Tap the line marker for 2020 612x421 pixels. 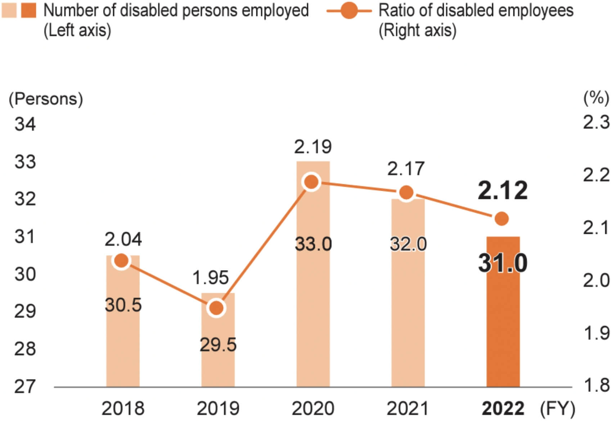pyautogui.click(x=312, y=182)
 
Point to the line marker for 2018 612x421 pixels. pyautogui.click(x=122, y=261)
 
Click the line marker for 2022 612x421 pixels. pyautogui.click(x=501, y=218)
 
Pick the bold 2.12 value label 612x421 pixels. pyautogui.click(x=503, y=190)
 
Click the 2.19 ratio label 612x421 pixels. pyautogui.click(x=313, y=147)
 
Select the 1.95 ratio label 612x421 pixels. pyautogui.click(x=211, y=277)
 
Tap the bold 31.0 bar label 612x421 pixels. pyautogui.click(x=503, y=263)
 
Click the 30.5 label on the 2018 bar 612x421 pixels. pyautogui.click(x=123, y=305)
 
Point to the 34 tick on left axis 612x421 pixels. pyautogui.click(x=25, y=125)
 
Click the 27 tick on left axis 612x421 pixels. pyautogui.click(x=25, y=387)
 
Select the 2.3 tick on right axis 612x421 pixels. pyautogui.click(x=596, y=123)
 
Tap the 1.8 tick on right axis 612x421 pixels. pyautogui.click(x=596, y=385)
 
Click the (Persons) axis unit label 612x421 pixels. pyautogui.click(x=46, y=99)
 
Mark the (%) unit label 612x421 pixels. pyautogui.click(x=596, y=98)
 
